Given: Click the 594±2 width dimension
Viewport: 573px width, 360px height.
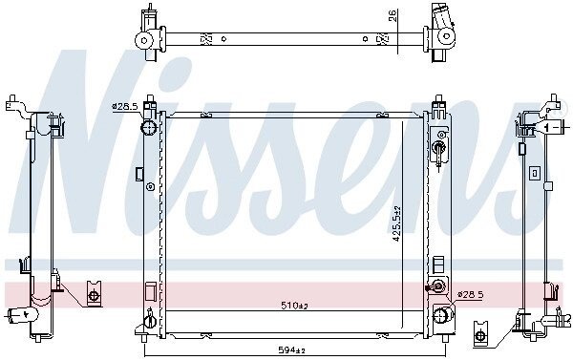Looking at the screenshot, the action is pos(291,350).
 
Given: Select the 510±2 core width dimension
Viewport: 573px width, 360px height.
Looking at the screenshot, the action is pos(294,306).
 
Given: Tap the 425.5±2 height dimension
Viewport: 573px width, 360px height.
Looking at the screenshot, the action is pos(397,223).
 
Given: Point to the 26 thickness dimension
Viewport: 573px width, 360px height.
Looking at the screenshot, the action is pos(393,15).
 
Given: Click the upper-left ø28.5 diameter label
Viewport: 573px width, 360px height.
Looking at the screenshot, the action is pos(124,107).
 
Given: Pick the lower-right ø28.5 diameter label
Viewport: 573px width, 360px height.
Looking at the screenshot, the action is pos(471,294).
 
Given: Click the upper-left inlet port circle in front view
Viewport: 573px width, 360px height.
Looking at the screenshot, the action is pos(149,128).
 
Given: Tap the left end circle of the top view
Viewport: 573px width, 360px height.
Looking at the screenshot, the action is pos(143,40).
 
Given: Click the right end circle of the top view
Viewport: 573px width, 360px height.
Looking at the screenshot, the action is pos(446,36).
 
